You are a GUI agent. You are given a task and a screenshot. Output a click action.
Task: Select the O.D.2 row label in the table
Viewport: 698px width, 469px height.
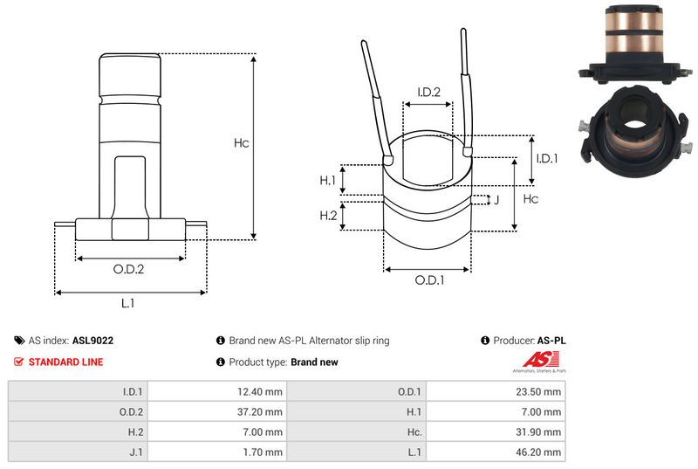point(128,410)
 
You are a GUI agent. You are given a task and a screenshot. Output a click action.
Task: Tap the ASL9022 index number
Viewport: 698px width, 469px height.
point(92,341)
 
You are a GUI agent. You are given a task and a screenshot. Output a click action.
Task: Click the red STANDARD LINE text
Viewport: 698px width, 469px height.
point(65,362)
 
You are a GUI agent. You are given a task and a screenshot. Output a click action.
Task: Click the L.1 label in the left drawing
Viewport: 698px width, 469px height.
point(128,304)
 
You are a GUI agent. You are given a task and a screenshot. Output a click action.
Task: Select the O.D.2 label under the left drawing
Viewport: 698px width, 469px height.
point(128,269)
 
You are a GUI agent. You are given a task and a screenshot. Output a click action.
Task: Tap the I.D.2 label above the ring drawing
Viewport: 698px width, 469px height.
point(428,93)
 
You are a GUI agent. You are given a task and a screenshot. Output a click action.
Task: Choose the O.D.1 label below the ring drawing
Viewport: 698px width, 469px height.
point(429,280)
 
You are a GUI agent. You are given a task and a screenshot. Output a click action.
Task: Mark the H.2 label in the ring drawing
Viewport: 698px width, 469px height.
point(328,216)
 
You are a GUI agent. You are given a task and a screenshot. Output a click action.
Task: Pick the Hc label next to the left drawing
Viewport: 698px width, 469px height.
point(242,143)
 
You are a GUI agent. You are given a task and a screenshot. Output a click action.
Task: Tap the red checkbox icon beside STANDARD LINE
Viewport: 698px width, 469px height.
point(19,362)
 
